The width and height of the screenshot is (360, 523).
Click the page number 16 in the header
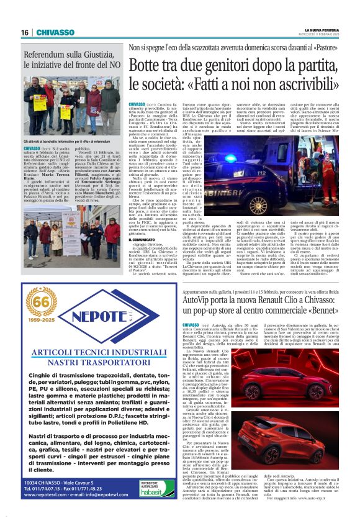(x=25, y=33)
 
